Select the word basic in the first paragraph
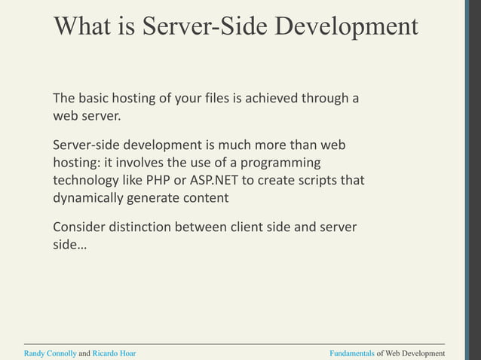tap(97, 99)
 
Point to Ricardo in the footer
tap(104, 353)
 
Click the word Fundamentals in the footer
tap(352, 353)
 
